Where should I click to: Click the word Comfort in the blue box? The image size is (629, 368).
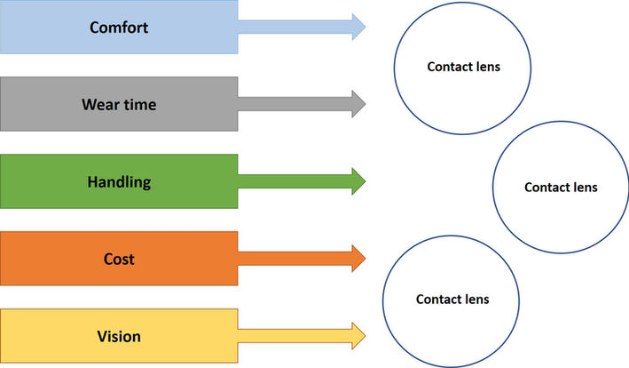tap(119, 27)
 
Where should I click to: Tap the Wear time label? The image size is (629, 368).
tap(119, 105)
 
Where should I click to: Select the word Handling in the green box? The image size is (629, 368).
tap(119, 182)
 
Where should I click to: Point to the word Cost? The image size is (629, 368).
tap(119, 260)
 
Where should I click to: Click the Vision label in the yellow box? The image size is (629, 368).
tap(119, 337)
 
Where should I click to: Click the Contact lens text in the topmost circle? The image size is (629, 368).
tap(463, 67)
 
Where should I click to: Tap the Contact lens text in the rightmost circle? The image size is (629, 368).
tap(561, 188)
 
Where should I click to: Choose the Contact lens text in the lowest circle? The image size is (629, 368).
tap(452, 300)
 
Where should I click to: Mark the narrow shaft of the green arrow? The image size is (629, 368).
tap(293, 182)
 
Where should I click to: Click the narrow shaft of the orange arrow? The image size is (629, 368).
tap(293, 260)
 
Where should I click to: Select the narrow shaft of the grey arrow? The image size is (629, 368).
tap(293, 105)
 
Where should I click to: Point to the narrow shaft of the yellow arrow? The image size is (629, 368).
tap(293, 337)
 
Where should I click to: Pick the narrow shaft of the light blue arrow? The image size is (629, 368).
tap(293, 27)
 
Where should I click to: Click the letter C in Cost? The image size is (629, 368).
tap(107, 260)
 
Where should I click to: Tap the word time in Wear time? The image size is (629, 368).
tap(139, 105)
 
